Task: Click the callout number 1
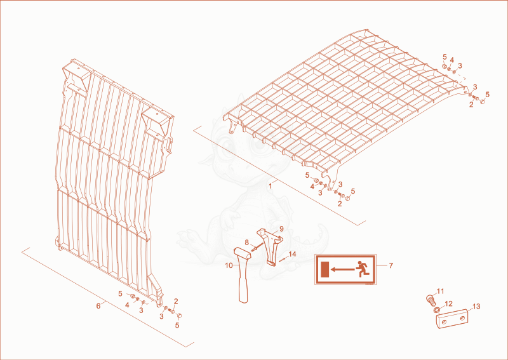pos(271,186)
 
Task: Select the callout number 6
pos(98,305)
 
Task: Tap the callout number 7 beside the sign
pos(391,265)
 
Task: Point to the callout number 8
pos(246,242)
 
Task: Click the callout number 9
pos(281,229)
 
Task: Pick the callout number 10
pos(229,265)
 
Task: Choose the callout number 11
pos(440,291)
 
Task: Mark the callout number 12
pos(448,303)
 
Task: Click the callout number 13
pos(476,306)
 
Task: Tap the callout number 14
pos(292,255)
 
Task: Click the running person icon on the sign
pos(362,269)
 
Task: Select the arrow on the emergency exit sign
pos(342,269)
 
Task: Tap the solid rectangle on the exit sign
pos(324,270)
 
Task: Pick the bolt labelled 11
pos(430,300)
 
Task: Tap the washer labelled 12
pos(437,310)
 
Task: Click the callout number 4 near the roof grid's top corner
pos(452,59)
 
